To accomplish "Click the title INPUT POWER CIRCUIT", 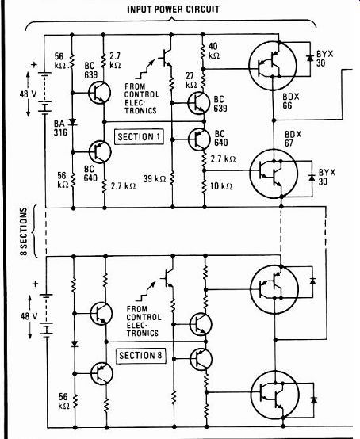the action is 173,10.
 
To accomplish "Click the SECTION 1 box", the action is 140,137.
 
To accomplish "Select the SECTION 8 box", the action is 140,356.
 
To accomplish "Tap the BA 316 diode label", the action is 60,128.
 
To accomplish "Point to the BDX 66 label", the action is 291,101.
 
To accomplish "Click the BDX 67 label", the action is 293,139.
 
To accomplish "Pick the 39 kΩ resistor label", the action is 155,178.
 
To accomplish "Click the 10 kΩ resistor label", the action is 221,186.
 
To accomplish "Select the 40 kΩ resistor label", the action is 214,51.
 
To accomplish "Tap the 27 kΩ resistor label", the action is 191,80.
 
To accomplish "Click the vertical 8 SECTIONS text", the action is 24,231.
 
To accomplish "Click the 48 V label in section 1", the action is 28,94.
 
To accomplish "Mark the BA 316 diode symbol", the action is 73,122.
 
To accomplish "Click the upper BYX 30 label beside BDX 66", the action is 325,58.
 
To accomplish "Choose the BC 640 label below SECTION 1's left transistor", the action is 90,174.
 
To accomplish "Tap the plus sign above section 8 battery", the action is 35,284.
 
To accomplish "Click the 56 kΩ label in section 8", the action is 63,401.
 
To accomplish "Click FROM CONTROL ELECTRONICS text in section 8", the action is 144,321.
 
